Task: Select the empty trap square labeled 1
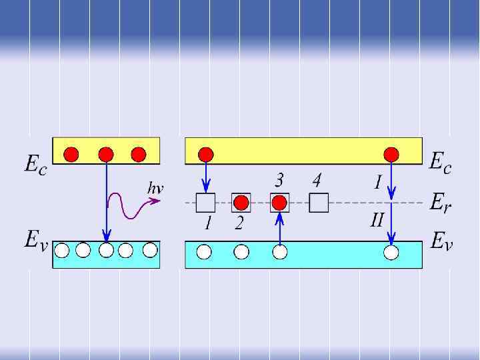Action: tap(205, 202)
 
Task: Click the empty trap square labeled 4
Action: tap(319, 202)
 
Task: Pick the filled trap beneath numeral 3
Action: tap(279, 202)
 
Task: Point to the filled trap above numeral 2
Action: tap(241, 202)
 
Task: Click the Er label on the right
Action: tap(440, 202)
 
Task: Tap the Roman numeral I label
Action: tap(377, 181)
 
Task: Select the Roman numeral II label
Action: tap(377, 220)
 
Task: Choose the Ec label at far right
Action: tap(440, 163)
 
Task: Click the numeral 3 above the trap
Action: tap(280, 180)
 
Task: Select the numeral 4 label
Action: tap(317, 180)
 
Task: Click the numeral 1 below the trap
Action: tap(207, 223)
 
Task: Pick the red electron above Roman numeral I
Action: tap(391, 155)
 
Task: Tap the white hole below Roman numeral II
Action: tap(391, 252)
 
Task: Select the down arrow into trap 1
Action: tap(206, 177)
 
